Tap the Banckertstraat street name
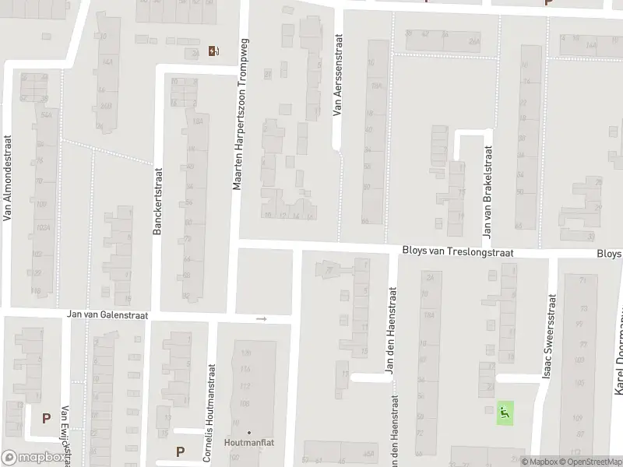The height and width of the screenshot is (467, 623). click(x=157, y=203)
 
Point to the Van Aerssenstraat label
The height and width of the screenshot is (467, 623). click(x=337, y=75)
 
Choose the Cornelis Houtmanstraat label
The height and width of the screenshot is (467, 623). click(x=208, y=413)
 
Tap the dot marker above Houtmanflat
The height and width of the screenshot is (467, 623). click(x=249, y=432)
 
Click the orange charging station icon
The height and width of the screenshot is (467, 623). click(x=214, y=51)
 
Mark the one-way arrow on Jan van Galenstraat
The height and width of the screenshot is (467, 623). click(x=262, y=318)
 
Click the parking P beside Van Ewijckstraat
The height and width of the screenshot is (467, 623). click(x=46, y=418)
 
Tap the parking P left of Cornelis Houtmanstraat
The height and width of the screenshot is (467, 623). click(x=181, y=451)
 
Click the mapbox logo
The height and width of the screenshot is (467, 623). click(x=33, y=458)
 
